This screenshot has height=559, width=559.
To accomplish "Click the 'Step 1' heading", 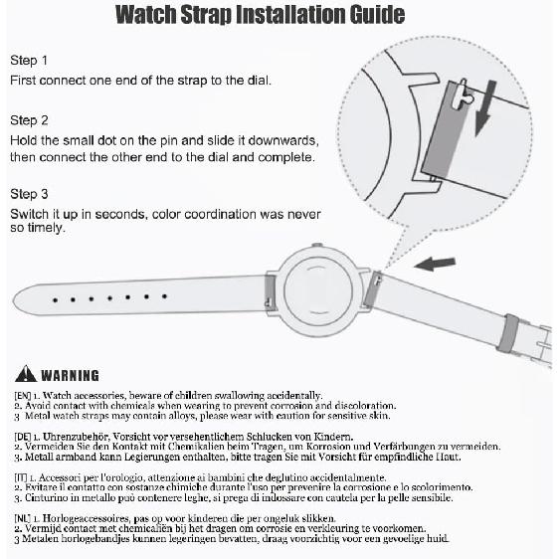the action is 29,61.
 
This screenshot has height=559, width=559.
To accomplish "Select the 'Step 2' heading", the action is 29,120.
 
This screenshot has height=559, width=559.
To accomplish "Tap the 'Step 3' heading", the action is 29,194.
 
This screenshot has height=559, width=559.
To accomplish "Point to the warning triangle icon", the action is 26,374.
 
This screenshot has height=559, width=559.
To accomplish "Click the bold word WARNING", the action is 70,375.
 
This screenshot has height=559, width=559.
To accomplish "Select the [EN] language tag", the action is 23,395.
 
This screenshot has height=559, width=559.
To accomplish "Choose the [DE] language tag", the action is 23,437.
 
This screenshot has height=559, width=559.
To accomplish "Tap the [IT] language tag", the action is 21,477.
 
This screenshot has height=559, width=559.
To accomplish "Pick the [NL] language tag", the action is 23,518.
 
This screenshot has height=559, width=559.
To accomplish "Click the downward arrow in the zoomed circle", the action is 485,108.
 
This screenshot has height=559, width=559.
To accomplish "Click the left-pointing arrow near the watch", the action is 435,264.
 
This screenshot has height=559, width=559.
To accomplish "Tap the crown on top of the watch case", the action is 316,246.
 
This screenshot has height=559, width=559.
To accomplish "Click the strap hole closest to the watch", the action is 164,296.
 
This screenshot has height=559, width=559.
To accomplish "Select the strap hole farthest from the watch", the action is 55,300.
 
